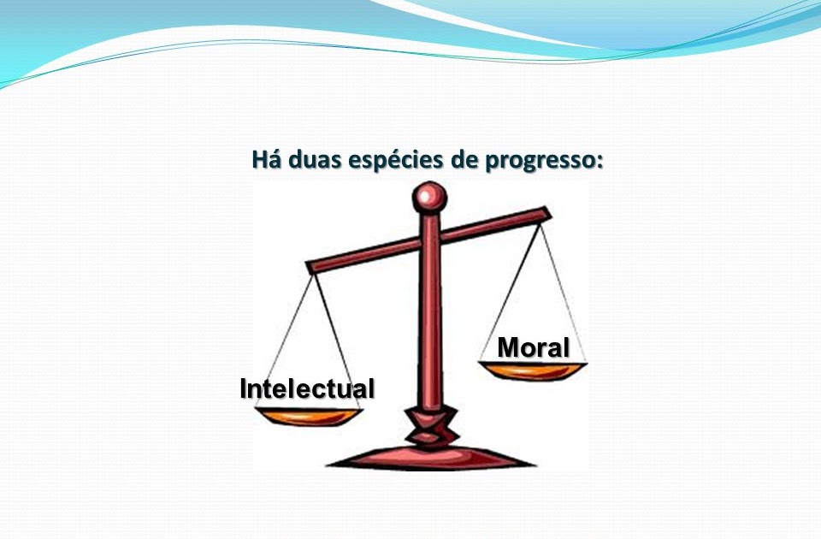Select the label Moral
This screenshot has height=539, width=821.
(534, 347)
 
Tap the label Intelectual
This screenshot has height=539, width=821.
(307, 388)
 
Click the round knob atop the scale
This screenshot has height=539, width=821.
(429, 198)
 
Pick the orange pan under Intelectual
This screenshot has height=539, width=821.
(309, 417)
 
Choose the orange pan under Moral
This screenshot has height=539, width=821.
(534, 370)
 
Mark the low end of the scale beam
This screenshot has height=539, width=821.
(313, 266)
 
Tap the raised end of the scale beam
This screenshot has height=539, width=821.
(540, 215)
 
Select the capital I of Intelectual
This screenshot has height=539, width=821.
(244, 388)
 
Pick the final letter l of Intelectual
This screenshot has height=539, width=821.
(371, 388)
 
